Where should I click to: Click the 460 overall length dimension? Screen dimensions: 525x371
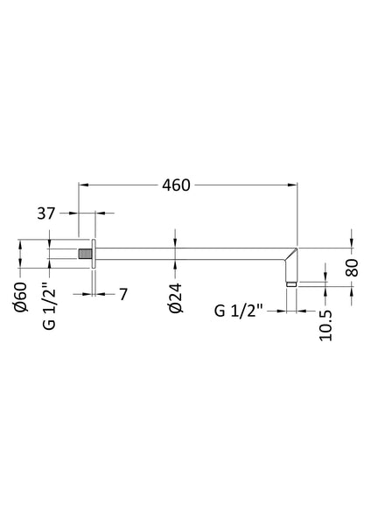coord(178,185)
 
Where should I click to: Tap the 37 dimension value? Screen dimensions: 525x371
coord(49,212)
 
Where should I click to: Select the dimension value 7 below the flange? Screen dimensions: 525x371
coord(123,295)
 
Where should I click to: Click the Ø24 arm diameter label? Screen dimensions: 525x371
coord(176,298)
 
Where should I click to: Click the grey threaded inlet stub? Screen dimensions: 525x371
coord(85,255)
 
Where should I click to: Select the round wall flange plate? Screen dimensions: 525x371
coord(93,255)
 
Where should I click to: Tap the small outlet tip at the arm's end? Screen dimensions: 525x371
coord(292,282)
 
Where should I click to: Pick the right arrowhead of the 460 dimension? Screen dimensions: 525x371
coord(293,185)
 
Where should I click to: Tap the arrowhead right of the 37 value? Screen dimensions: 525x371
coord(99,212)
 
